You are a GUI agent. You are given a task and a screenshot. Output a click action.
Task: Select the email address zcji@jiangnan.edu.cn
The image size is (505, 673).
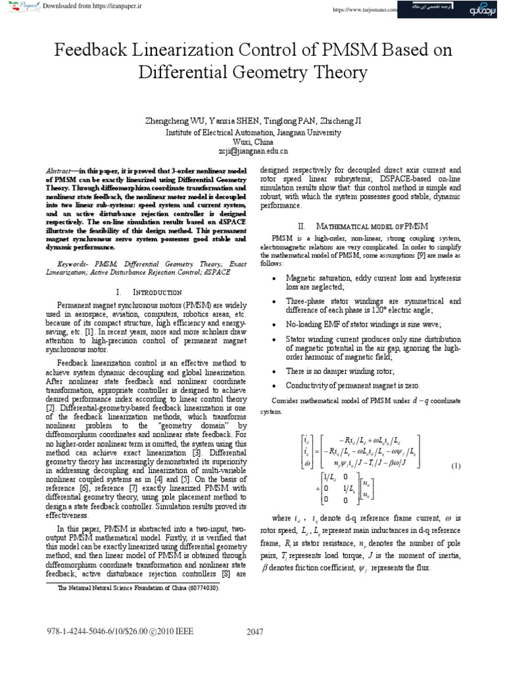click(252, 150)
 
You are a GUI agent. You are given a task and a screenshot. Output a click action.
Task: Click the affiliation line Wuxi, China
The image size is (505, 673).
click(252, 141)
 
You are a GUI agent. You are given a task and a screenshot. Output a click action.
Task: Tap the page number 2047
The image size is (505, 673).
click(254, 632)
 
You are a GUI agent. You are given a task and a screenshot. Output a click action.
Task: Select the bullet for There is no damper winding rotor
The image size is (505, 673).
click(273, 371)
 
